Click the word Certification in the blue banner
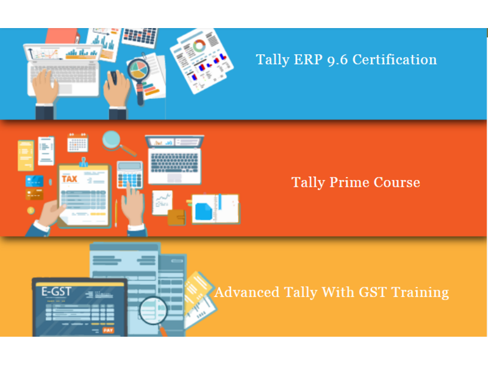tap(394, 59)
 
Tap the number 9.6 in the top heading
tap(337, 60)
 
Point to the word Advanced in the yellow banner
tap(247, 292)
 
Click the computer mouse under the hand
tap(113, 78)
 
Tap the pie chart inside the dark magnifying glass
tap(138, 70)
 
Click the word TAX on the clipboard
tap(70, 179)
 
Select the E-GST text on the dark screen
tap(56, 292)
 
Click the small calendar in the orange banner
tap(77, 143)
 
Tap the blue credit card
tap(34, 181)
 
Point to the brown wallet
tap(176, 217)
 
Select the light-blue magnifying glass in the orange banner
tap(118, 143)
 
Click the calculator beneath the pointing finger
tap(130, 175)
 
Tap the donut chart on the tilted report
tap(199, 46)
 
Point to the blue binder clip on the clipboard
tap(83, 162)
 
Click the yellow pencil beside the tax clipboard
tap(116, 213)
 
